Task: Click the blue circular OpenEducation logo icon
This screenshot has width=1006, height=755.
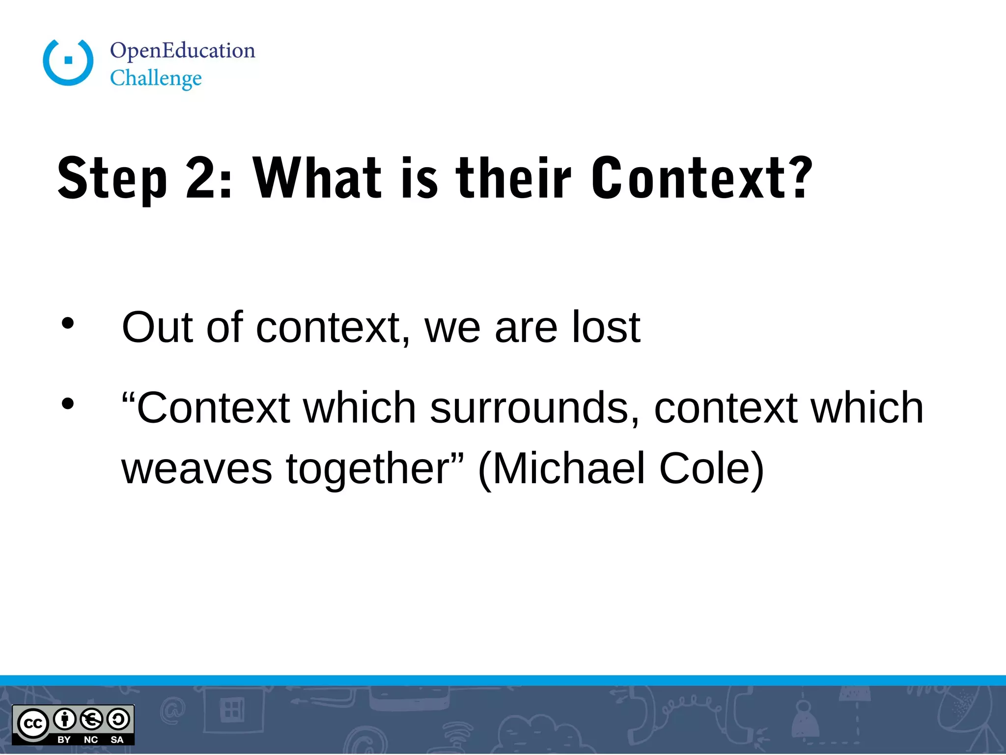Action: pyautogui.click(x=68, y=62)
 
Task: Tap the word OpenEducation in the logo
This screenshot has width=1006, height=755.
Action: pyautogui.click(x=182, y=51)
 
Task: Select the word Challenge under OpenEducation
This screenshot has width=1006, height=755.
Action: pyautogui.click(x=156, y=79)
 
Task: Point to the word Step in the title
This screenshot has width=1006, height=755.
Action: pyautogui.click(x=112, y=179)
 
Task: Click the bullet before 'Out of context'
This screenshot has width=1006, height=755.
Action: pyautogui.click(x=68, y=323)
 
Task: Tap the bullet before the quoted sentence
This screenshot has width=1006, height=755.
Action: pyautogui.click(x=68, y=404)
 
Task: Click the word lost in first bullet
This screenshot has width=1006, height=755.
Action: pyautogui.click(x=606, y=327)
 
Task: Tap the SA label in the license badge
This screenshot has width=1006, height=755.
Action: pyautogui.click(x=117, y=740)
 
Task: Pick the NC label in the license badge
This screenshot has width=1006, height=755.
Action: pyautogui.click(x=91, y=740)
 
